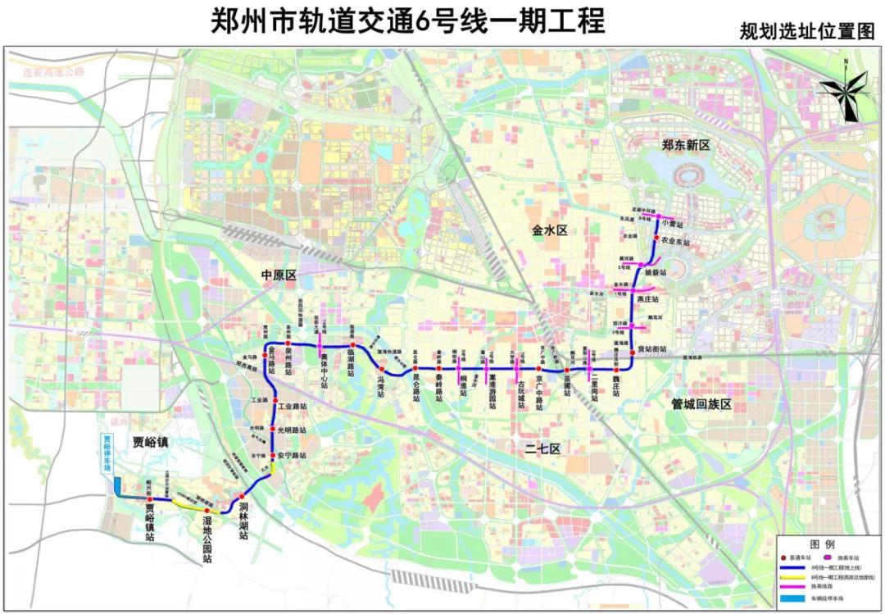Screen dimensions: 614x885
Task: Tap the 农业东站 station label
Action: pyautogui.click(x=676, y=243)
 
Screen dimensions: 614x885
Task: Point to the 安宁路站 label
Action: pyautogui.click(x=292, y=455)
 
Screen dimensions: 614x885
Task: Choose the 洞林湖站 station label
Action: pyautogui.click(x=243, y=521)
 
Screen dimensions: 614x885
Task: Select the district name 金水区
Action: pyautogui.click(x=550, y=231)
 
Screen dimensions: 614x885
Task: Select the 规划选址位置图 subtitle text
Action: pyautogui.click(x=806, y=32)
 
